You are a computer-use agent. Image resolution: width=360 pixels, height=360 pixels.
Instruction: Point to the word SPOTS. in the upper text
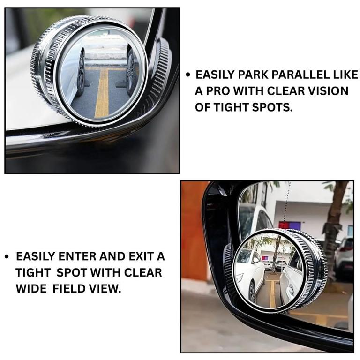click(x=272, y=107)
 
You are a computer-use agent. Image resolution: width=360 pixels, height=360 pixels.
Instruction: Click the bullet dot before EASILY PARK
click(x=188, y=75)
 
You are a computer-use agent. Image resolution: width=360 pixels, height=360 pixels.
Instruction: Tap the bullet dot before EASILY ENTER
click(x=7, y=256)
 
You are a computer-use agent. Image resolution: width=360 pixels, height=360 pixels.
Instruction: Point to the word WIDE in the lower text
click(x=31, y=289)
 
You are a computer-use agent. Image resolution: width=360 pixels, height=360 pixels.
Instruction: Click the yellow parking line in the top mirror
click(x=102, y=93)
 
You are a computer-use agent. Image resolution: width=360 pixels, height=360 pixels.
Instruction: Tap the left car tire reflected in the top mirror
click(x=80, y=72)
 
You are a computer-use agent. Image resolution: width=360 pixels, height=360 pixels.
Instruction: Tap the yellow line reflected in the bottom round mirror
click(x=272, y=293)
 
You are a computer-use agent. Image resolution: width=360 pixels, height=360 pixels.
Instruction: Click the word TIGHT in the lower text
click(x=33, y=272)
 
